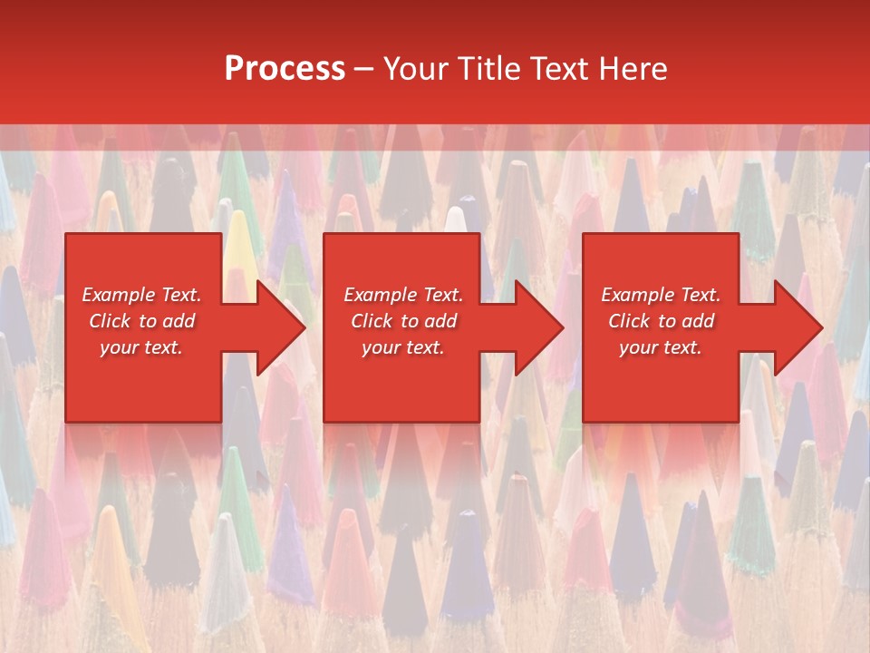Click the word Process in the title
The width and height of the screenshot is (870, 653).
coord(285,69)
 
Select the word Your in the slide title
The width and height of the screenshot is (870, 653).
coord(416,69)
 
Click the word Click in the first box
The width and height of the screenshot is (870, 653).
coord(110,321)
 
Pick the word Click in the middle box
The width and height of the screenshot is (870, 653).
coord(372,321)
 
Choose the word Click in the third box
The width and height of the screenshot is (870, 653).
coord(629,321)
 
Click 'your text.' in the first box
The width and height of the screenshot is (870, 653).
coord(141,347)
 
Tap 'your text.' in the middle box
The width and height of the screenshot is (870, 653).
coord(402,347)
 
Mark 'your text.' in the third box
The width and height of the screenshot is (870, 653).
coord(660,347)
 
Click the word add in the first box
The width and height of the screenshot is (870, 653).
coord(179,321)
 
